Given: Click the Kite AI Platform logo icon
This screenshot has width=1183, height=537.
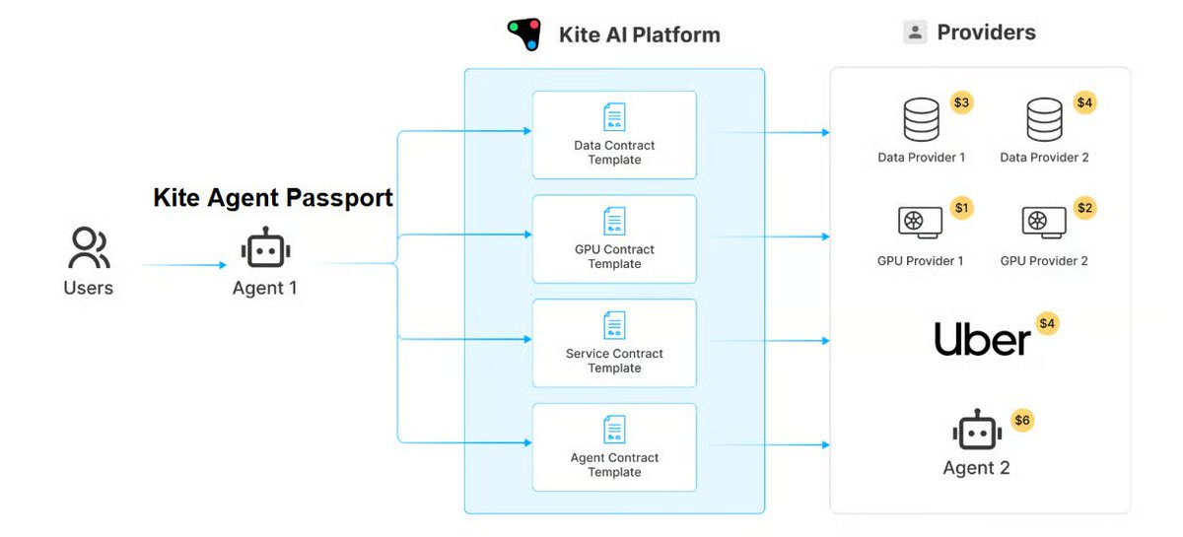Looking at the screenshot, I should (x=524, y=34).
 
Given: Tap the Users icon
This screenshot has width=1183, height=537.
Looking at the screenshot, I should (x=89, y=248).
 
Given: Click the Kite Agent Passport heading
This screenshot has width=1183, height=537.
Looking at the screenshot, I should (x=273, y=198).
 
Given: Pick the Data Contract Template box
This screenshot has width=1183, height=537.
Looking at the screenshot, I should (x=614, y=135).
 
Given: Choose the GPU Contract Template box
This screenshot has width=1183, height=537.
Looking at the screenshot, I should (x=614, y=239).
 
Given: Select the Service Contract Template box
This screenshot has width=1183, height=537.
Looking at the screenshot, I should (x=614, y=343).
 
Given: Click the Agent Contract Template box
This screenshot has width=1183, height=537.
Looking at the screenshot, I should (x=614, y=447).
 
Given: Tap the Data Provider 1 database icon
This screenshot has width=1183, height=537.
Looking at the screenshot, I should (x=921, y=120).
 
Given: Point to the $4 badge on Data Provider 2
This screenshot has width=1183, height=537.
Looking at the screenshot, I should (x=1084, y=102).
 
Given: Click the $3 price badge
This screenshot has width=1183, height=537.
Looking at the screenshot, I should (x=961, y=102).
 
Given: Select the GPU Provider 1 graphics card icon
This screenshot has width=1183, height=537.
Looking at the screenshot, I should (x=920, y=223).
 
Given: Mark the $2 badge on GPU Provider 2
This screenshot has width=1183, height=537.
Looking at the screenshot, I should (x=1084, y=208).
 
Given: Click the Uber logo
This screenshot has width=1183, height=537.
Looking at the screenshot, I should (x=982, y=340).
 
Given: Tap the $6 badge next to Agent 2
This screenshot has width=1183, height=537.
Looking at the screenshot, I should (x=1022, y=421).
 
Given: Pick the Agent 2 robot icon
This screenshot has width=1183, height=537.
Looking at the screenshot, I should (x=976, y=432).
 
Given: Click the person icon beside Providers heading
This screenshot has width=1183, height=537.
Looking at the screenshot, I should (x=915, y=33).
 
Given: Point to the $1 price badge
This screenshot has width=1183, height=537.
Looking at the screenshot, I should (x=961, y=208).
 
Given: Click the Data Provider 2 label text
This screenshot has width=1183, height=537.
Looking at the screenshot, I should (x=1044, y=158).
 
